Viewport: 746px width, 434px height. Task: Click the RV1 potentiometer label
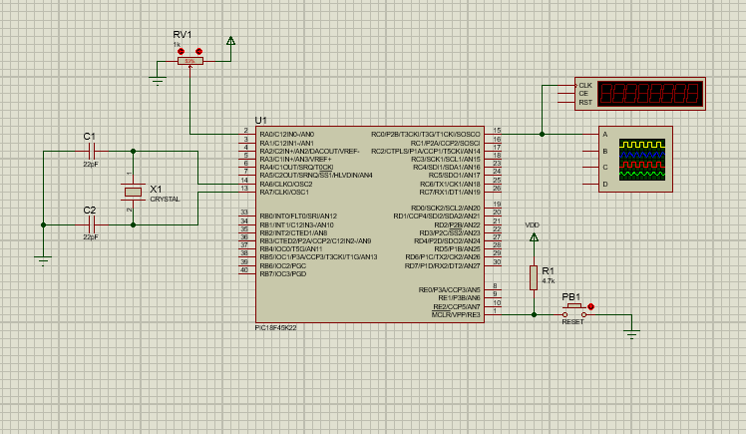(182, 34)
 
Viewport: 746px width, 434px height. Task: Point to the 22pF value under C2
(90, 236)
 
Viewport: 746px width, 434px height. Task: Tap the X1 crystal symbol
(133, 191)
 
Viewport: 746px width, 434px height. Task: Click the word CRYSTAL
(165, 199)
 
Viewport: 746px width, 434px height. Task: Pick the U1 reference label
(261, 120)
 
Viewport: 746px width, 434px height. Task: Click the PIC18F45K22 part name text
(277, 327)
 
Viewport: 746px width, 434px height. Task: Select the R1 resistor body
(534, 276)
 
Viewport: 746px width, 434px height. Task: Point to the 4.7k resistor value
(549, 281)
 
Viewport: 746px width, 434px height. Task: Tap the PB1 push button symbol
(574, 309)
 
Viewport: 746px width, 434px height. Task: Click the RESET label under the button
(573, 322)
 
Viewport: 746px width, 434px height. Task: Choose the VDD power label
(533, 224)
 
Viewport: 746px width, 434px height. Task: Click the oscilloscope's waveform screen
(641, 159)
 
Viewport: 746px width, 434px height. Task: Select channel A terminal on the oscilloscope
(604, 134)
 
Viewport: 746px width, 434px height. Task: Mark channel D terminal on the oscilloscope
(604, 184)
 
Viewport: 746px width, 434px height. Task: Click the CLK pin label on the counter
(584, 86)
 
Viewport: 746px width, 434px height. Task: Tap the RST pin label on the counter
(584, 102)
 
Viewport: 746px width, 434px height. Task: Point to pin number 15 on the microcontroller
(497, 131)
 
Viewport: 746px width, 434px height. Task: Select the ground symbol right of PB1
(631, 333)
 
